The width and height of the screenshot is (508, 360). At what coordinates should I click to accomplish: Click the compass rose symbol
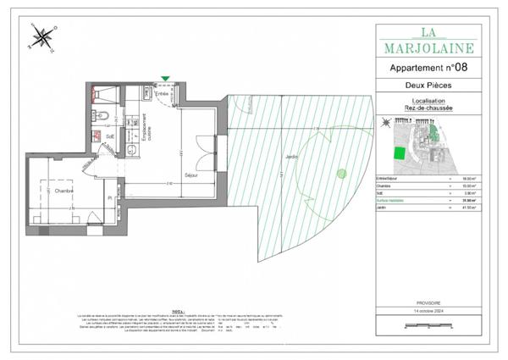[41, 37]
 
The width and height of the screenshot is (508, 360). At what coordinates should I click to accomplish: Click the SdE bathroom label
[110, 134]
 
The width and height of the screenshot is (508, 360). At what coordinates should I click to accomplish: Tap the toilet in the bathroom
[99, 117]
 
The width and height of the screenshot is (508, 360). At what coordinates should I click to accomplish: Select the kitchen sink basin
[132, 150]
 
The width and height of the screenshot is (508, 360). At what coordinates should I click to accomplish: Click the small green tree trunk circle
[341, 174]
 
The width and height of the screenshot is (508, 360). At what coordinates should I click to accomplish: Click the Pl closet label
[110, 197]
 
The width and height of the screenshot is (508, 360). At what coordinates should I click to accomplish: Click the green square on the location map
[397, 153]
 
